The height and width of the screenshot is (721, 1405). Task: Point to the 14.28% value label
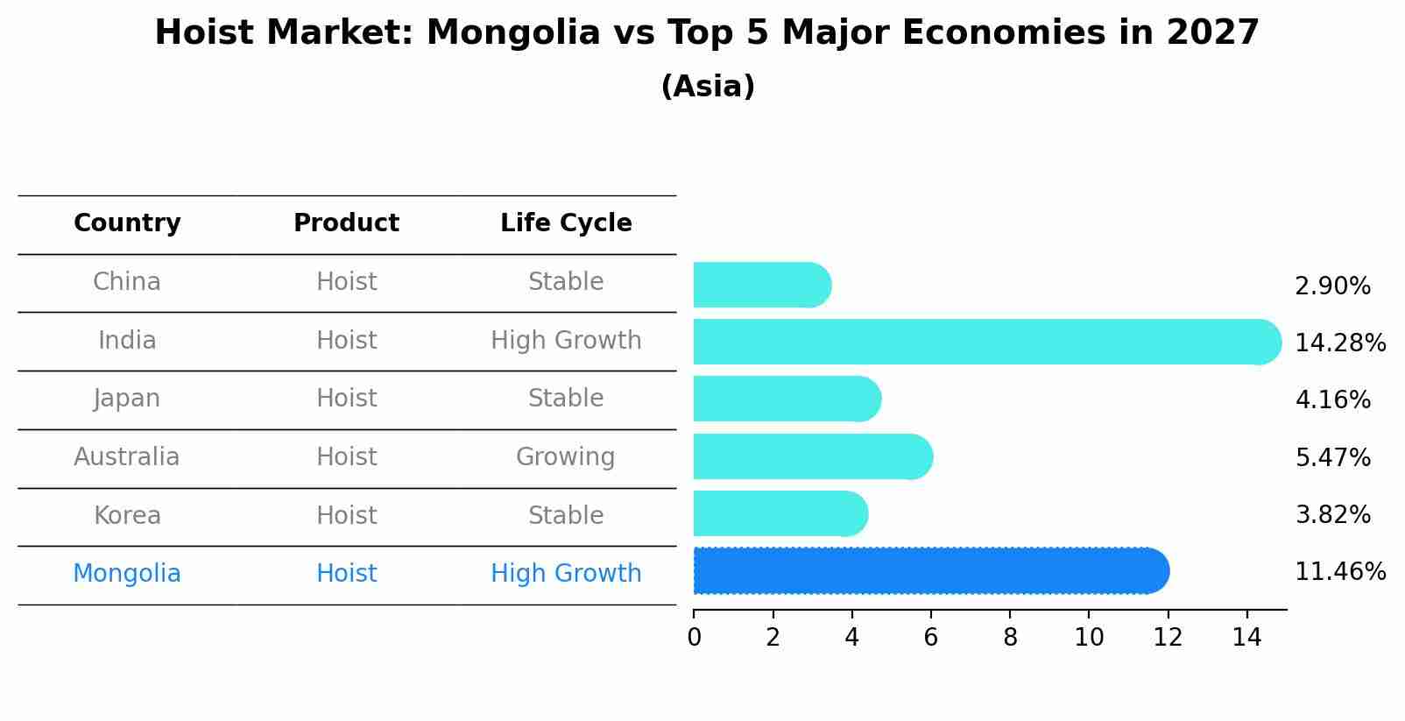point(1339,343)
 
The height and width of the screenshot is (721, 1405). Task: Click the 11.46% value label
point(1339,572)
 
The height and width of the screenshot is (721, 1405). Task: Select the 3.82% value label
point(1332,514)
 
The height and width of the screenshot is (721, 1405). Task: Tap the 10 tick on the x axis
point(1089,638)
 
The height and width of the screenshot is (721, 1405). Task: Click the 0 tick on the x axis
point(694,638)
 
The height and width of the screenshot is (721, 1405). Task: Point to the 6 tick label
point(930,638)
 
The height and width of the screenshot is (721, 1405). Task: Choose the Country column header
point(127,223)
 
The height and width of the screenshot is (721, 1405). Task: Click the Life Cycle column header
point(566,223)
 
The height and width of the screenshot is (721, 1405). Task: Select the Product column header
point(346,223)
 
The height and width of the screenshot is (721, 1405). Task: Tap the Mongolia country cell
point(127,574)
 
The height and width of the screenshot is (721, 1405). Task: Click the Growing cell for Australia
point(565,457)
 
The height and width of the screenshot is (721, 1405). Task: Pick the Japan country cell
point(127,399)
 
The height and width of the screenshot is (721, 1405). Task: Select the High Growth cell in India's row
point(566,341)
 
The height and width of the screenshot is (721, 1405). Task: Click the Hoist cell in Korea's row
point(346,515)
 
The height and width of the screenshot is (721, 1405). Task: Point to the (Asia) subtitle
point(708,87)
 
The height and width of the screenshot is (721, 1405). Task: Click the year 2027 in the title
point(1212,33)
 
